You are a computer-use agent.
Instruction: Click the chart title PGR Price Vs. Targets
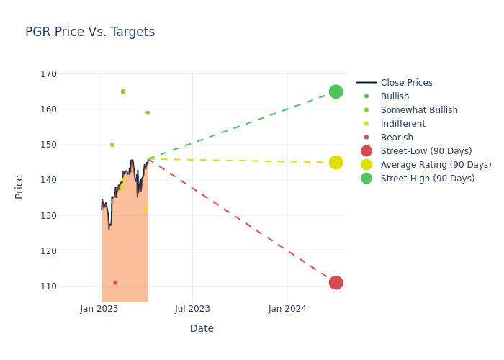click(x=90, y=32)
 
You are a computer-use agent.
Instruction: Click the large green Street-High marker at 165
click(x=336, y=91)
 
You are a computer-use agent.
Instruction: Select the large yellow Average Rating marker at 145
click(x=336, y=163)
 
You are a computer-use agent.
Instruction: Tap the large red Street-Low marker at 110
click(x=336, y=283)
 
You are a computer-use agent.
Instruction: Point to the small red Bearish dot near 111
click(x=115, y=283)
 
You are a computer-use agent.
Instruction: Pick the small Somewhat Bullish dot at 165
click(x=123, y=91)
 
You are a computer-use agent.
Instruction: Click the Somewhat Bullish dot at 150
click(x=112, y=145)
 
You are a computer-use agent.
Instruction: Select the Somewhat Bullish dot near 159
click(x=148, y=113)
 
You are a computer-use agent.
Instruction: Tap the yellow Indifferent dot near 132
click(x=145, y=208)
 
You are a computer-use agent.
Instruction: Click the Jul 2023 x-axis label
click(x=193, y=309)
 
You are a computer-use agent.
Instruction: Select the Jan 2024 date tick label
click(x=287, y=309)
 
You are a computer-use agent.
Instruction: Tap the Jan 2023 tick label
click(x=99, y=309)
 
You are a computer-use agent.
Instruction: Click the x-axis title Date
click(x=202, y=329)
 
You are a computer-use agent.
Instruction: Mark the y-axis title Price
click(x=19, y=186)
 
